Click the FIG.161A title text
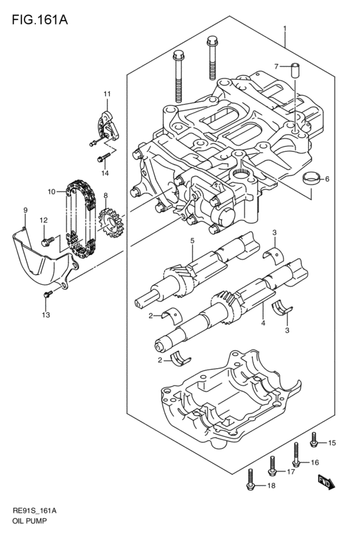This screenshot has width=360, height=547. point(40,19)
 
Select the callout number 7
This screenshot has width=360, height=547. point(276,66)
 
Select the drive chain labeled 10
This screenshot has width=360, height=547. point(81,219)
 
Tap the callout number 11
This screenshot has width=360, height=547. point(107,94)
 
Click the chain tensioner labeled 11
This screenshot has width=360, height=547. point(108,125)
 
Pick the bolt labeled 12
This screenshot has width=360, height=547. point(48,241)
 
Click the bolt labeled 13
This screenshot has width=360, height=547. point(48,294)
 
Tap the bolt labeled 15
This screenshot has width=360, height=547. point(314,439)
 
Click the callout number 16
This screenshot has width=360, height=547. point(314,463)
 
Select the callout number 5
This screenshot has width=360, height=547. point(192,240)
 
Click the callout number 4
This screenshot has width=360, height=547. point(263,323)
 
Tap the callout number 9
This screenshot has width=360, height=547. point(25,210)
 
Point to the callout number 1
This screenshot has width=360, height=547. point(285,28)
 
